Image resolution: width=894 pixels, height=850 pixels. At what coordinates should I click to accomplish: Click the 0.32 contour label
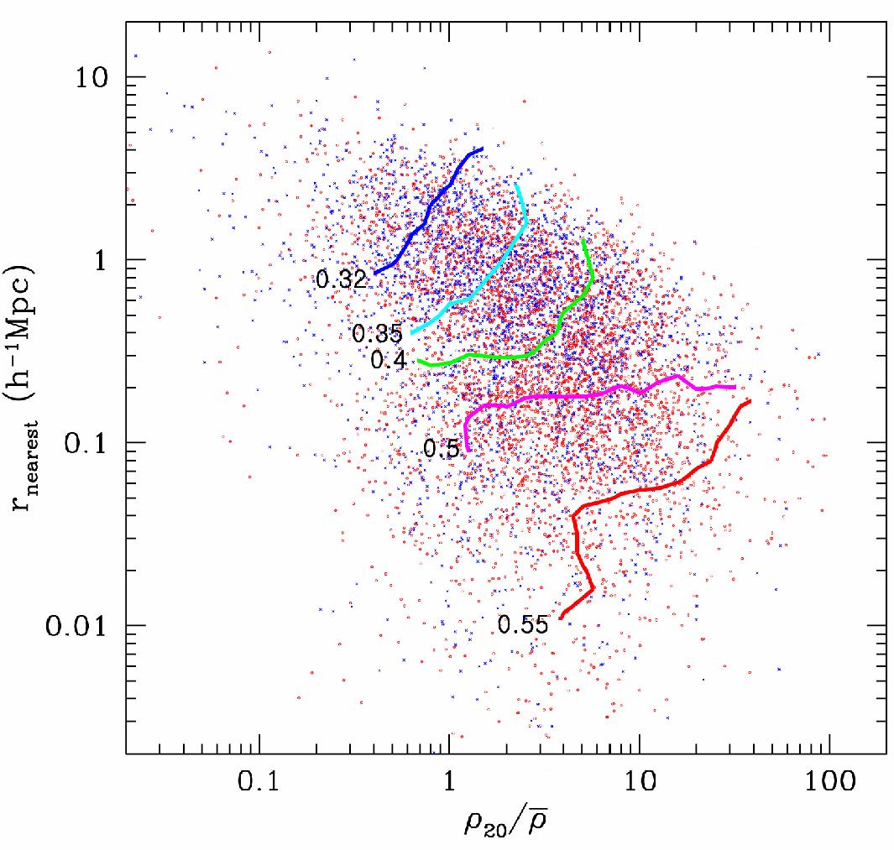[x=342, y=279]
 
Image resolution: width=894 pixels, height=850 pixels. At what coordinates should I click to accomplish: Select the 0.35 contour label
[x=378, y=333]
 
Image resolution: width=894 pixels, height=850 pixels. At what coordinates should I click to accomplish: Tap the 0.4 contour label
[x=389, y=361]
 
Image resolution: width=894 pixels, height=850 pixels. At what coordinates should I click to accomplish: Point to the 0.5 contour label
[x=441, y=449]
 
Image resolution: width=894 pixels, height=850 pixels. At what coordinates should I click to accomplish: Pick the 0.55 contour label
[x=523, y=624]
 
